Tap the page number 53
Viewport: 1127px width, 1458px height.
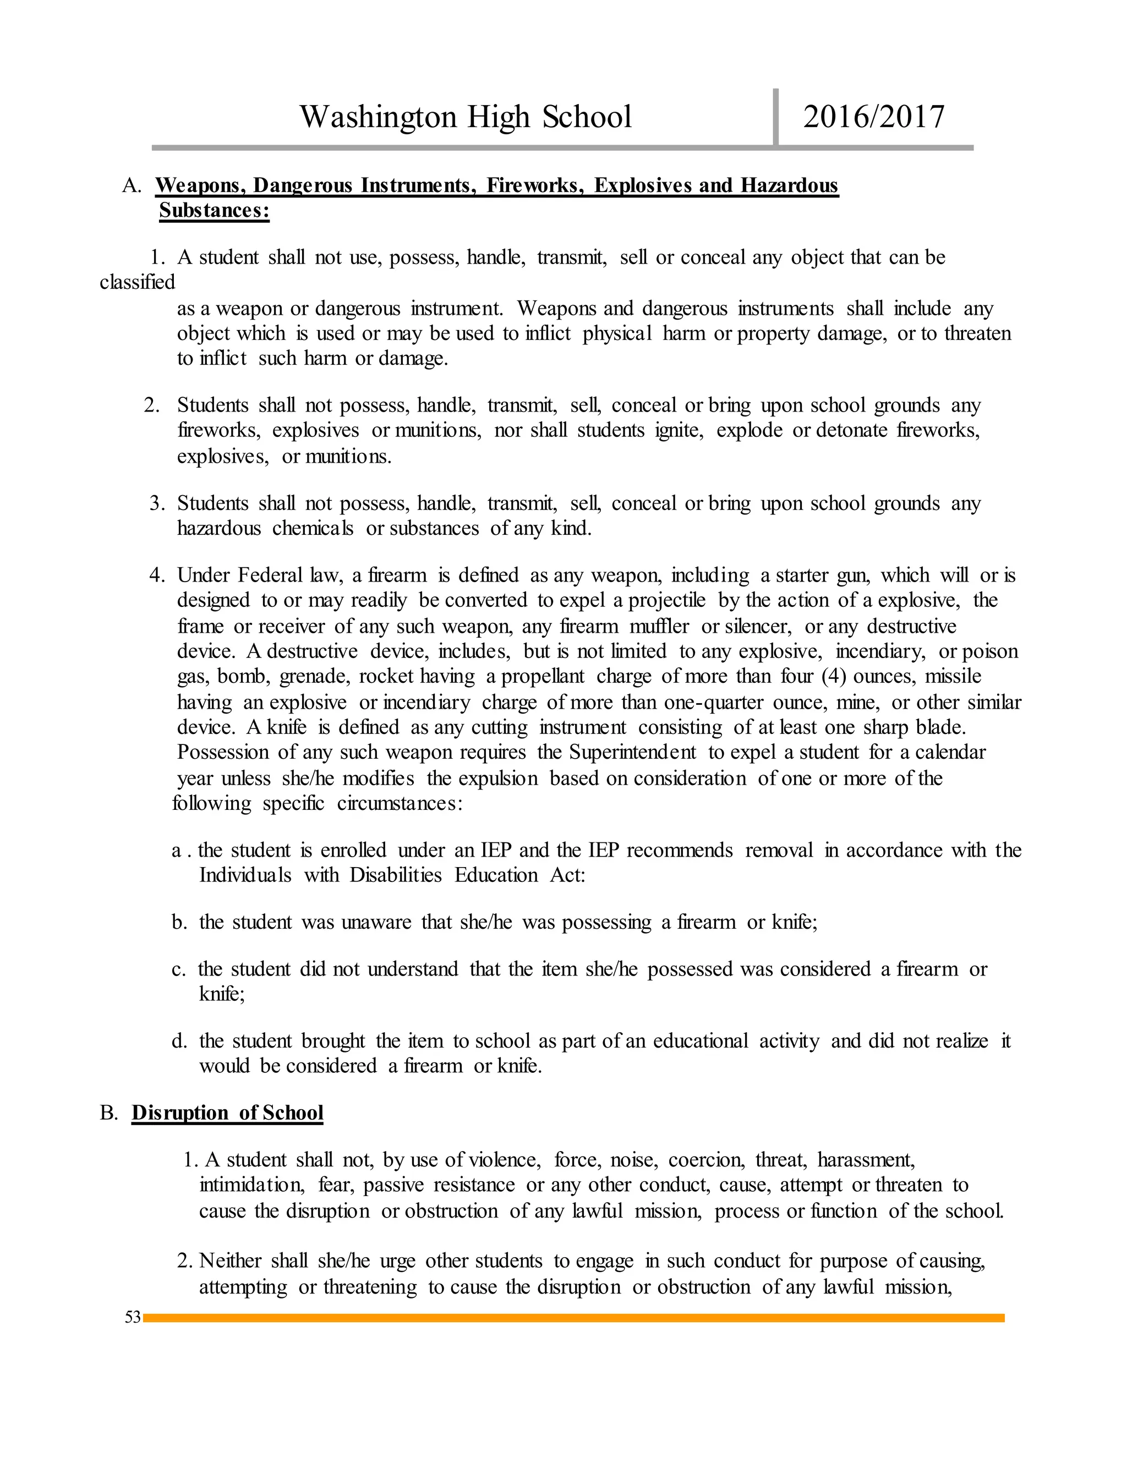point(133,1317)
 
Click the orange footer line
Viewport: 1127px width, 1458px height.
point(574,1318)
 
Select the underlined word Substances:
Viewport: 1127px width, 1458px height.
point(214,210)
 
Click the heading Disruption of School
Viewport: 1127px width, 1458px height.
point(227,1113)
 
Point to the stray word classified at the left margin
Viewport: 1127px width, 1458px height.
point(137,282)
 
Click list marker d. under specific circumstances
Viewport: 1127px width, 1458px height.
point(179,1041)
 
